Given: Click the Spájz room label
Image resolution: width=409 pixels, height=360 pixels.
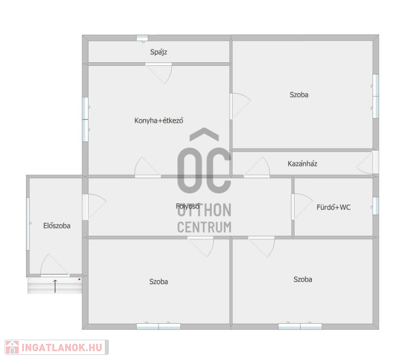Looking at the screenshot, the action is click(x=158, y=52).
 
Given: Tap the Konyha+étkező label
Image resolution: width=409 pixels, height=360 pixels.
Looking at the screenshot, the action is click(x=158, y=121).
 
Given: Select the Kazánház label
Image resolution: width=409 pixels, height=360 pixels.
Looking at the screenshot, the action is click(x=302, y=163).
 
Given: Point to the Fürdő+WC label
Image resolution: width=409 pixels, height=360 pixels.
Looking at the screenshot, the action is click(x=334, y=207).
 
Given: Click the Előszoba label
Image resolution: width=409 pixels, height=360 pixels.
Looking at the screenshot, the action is click(x=57, y=226).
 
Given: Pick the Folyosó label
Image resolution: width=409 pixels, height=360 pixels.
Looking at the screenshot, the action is click(x=188, y=206).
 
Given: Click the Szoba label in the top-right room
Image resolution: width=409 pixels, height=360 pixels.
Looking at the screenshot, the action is click(x=299, y=94).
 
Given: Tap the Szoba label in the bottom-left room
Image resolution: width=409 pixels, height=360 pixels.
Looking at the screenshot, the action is click(x=158, y=281).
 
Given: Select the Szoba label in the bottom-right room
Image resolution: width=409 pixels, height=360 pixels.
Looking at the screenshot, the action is click(x=303, y=279).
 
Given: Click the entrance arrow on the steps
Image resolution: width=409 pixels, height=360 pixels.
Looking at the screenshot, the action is click(x=55, y=286).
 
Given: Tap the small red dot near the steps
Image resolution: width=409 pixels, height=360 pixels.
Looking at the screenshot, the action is click(x=79, y=279).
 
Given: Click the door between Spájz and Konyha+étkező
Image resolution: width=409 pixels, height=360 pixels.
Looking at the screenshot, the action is click(x=158, y=73).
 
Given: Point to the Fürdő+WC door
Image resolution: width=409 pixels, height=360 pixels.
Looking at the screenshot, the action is click(x=302, y=207).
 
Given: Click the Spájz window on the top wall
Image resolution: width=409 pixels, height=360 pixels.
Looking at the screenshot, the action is click(x=142, y=38).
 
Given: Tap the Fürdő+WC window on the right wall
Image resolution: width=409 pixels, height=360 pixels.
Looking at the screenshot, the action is click(x=376, y=206).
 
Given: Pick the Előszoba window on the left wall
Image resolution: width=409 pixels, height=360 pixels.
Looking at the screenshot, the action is click(x=28, y=224).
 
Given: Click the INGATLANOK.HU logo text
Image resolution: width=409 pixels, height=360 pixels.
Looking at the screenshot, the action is click(x=62, y=348).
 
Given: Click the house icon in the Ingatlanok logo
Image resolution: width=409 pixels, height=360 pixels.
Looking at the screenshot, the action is click(x=12, y=348).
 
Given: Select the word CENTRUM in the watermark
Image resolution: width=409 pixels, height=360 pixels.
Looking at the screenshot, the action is click(x=204, y=227).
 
